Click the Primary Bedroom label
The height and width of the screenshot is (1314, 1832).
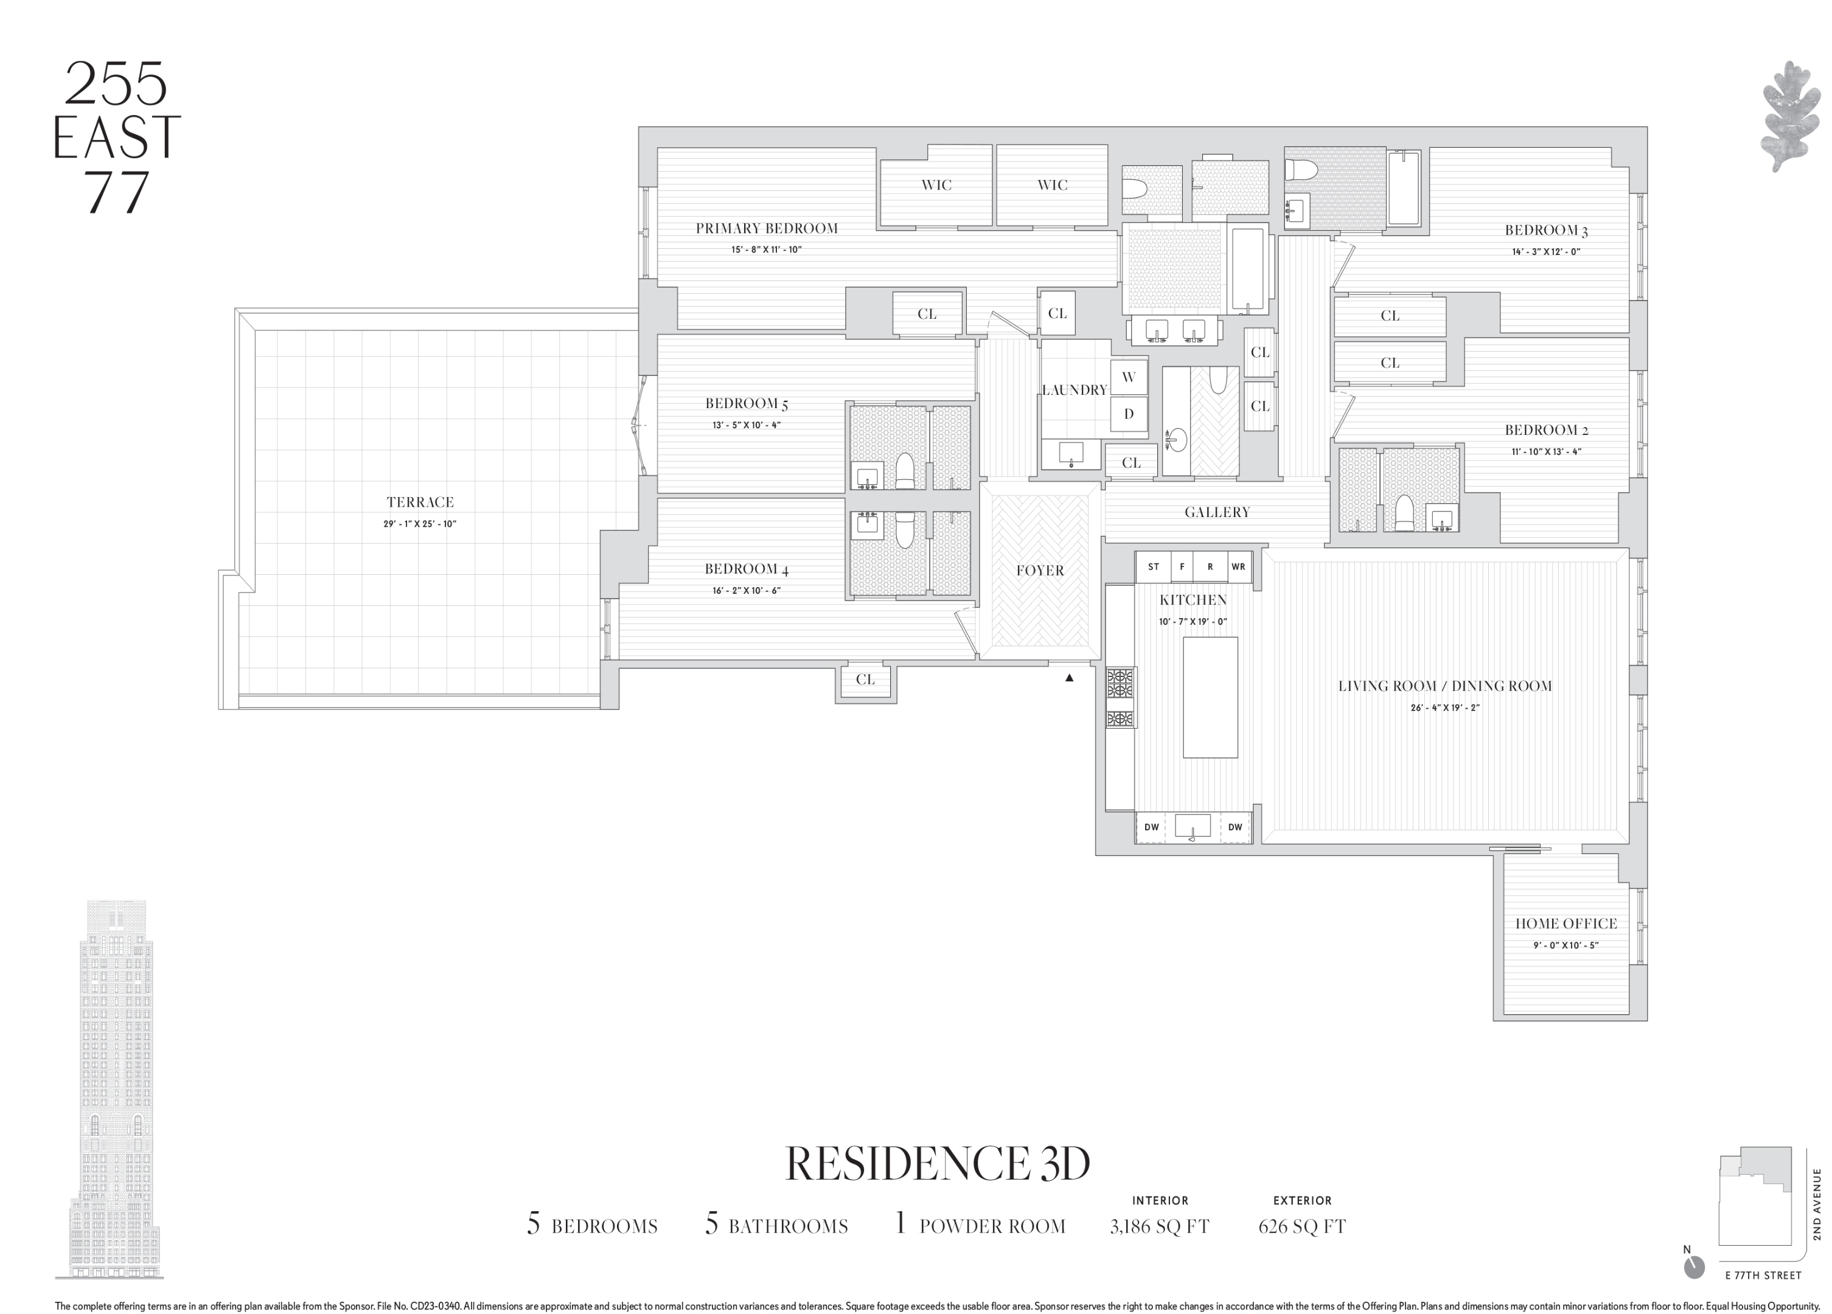(767, 229)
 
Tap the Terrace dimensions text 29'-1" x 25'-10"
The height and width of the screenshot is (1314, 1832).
(420, 524)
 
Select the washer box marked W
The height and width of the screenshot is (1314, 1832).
(1129, 377)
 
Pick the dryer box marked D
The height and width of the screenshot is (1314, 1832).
(1129, 414)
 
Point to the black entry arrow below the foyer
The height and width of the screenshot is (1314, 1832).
(1070, 678)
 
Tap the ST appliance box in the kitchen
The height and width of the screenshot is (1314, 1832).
(1154, 567)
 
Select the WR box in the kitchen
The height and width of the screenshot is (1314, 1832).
(1238, 567)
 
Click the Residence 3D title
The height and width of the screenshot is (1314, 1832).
(937, 1164)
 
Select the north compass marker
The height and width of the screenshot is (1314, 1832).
(1694, 1267)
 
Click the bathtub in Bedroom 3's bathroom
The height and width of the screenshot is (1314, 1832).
(1405, 187)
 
